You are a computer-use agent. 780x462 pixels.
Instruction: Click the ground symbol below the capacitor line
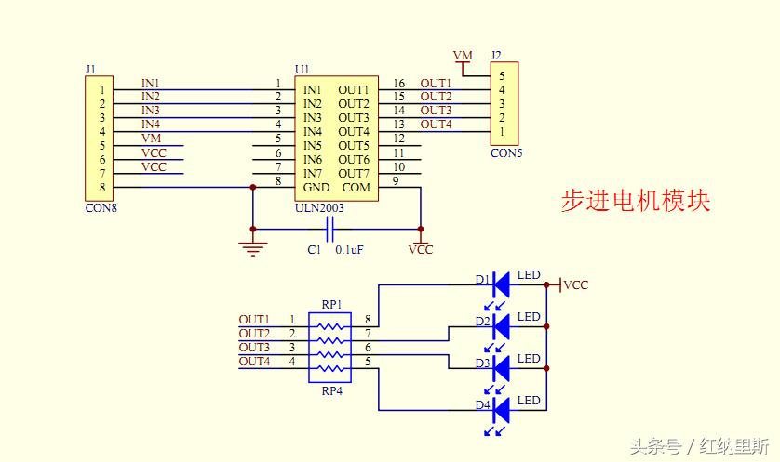coord(252,247)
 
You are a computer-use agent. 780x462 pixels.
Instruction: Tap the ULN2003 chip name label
coord(319,208)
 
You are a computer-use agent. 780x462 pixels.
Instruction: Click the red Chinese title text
coord(636,201)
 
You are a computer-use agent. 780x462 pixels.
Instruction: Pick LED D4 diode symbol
coord(501,409)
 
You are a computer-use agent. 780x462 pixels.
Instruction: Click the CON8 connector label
coord(101,208)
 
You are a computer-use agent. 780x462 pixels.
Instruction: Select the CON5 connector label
coord(506,153)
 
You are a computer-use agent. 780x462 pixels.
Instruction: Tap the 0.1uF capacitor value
coord(351,250)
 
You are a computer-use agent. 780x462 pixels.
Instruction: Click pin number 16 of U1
coord(399,84)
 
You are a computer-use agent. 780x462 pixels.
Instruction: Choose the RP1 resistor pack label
coord(331,304)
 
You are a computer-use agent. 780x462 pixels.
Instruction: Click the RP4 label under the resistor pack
coord(331,391)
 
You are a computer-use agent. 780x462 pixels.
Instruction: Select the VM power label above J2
coord(463,56)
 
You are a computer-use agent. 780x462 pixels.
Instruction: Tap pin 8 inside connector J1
coord(104,188)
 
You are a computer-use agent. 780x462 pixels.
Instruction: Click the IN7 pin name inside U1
coord(313,174)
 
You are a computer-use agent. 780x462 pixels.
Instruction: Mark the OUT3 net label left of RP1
coord(254,347)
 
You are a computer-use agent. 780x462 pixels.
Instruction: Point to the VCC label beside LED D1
coord(576,284)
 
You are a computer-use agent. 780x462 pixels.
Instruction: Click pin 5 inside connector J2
coord(502,76)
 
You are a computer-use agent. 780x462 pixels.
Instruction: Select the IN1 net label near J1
coord(150,83)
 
